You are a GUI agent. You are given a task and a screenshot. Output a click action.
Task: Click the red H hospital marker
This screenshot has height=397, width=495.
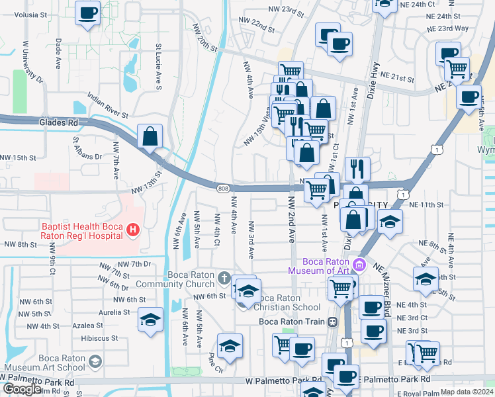133,230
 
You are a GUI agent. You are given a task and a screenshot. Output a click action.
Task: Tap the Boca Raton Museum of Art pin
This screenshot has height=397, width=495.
359,265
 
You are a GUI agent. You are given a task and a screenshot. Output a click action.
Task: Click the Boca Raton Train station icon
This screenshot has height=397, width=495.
332,322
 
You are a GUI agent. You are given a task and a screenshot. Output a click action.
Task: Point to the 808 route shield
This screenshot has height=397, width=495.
223,189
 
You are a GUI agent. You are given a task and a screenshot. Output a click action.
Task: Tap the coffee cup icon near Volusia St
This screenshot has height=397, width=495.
87,13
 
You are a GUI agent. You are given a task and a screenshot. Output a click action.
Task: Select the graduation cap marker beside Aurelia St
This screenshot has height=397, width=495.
150,320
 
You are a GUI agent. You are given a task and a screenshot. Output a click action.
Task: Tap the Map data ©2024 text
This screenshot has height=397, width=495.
467,392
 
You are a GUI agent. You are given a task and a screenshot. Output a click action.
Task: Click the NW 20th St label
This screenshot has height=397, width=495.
205,38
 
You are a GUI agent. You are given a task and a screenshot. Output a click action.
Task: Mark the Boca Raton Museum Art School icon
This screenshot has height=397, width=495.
95,361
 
